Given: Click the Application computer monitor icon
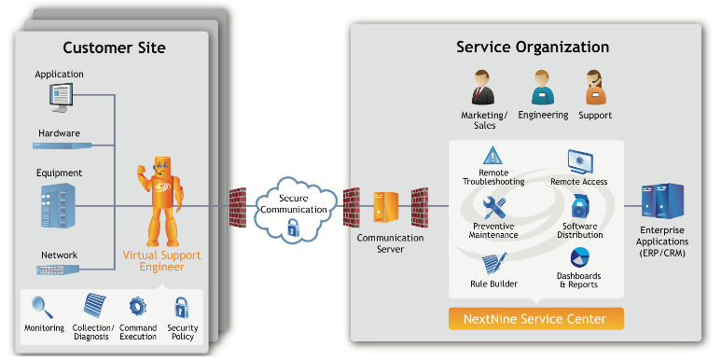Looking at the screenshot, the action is tap(61, 97).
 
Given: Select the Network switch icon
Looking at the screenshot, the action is tap(58, 270).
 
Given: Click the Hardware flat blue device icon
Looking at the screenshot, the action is tap(62, 145).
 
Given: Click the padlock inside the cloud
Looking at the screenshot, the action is tap(293, 228).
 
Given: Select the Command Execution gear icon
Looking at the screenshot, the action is tap(137, 307).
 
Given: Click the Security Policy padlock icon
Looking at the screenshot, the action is tap(181, 308).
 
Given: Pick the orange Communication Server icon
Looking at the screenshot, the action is tap(385, 207).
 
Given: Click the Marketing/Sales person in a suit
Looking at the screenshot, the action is tap(482, 88).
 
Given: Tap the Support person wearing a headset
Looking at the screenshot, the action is tap(595, 88).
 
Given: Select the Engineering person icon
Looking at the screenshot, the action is tap(543, 88).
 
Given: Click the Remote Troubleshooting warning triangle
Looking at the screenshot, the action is tap(492, 156).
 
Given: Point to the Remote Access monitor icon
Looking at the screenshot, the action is tap(580, 161).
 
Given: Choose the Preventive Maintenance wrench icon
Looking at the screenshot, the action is tap(494, 207).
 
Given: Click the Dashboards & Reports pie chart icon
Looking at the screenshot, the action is tap(580, 258).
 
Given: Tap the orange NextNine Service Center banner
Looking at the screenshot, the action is tap(535, 319).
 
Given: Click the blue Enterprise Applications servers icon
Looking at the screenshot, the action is tap(662, 201).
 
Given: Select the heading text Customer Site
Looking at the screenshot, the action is tap(114, 48).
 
